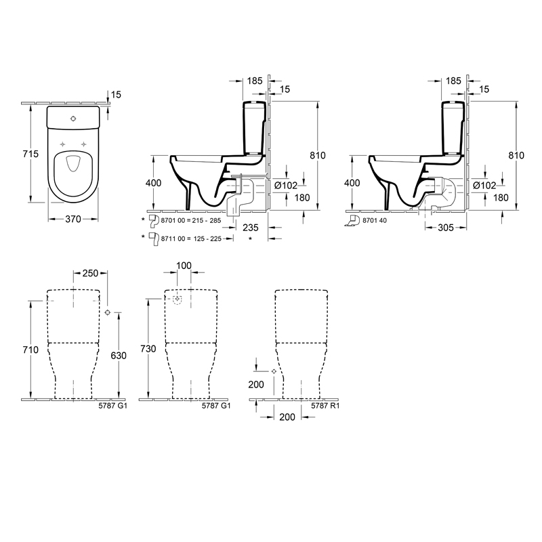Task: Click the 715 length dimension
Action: click(30, 154)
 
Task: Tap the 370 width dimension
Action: click(73, 219)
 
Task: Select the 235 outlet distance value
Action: click(251, 228)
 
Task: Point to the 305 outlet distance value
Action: click(446, 228)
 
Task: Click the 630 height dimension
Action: click(119, 355)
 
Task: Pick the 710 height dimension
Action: click(30, 350)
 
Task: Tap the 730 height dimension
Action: click(148, 349)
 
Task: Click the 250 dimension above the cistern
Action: click(91, 273)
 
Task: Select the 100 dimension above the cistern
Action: click(184, 266)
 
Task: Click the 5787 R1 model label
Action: click(325, 406)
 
